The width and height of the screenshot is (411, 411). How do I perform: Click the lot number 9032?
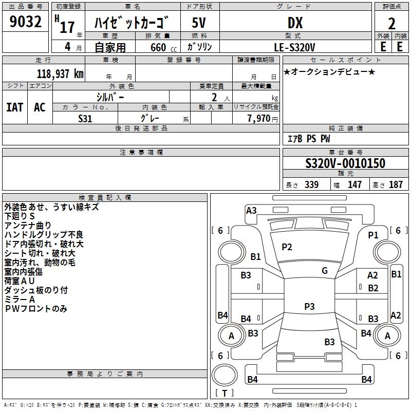point(25,22)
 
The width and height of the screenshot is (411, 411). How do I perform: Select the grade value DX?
point(295,23)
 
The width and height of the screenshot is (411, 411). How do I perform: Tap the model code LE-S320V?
point(294,47)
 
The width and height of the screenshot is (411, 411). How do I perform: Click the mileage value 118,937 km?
point(60,74)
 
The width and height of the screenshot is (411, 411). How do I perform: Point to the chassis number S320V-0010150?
point(345,163)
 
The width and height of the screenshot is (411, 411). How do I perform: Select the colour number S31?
point(85,119)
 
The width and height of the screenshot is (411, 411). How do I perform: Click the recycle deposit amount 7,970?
point(259,119)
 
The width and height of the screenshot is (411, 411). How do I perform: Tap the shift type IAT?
point(14,107)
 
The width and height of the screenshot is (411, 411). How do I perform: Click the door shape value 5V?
point(199,23)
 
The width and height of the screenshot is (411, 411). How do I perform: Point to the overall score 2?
point(391,24)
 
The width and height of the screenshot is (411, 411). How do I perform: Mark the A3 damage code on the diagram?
point(251,211)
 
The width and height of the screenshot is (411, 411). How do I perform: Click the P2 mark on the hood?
point(287,247)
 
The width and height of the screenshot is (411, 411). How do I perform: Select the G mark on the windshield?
point(325,271)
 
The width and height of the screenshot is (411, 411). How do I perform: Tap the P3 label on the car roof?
point(309,306)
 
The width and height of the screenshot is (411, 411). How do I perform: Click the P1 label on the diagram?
point(373,235)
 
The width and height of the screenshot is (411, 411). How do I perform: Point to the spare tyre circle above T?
point(225,375)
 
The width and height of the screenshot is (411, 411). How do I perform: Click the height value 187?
point(396,184)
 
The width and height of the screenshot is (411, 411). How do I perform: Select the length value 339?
point(312,184)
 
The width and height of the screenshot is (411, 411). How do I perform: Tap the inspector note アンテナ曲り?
point(28,226)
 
